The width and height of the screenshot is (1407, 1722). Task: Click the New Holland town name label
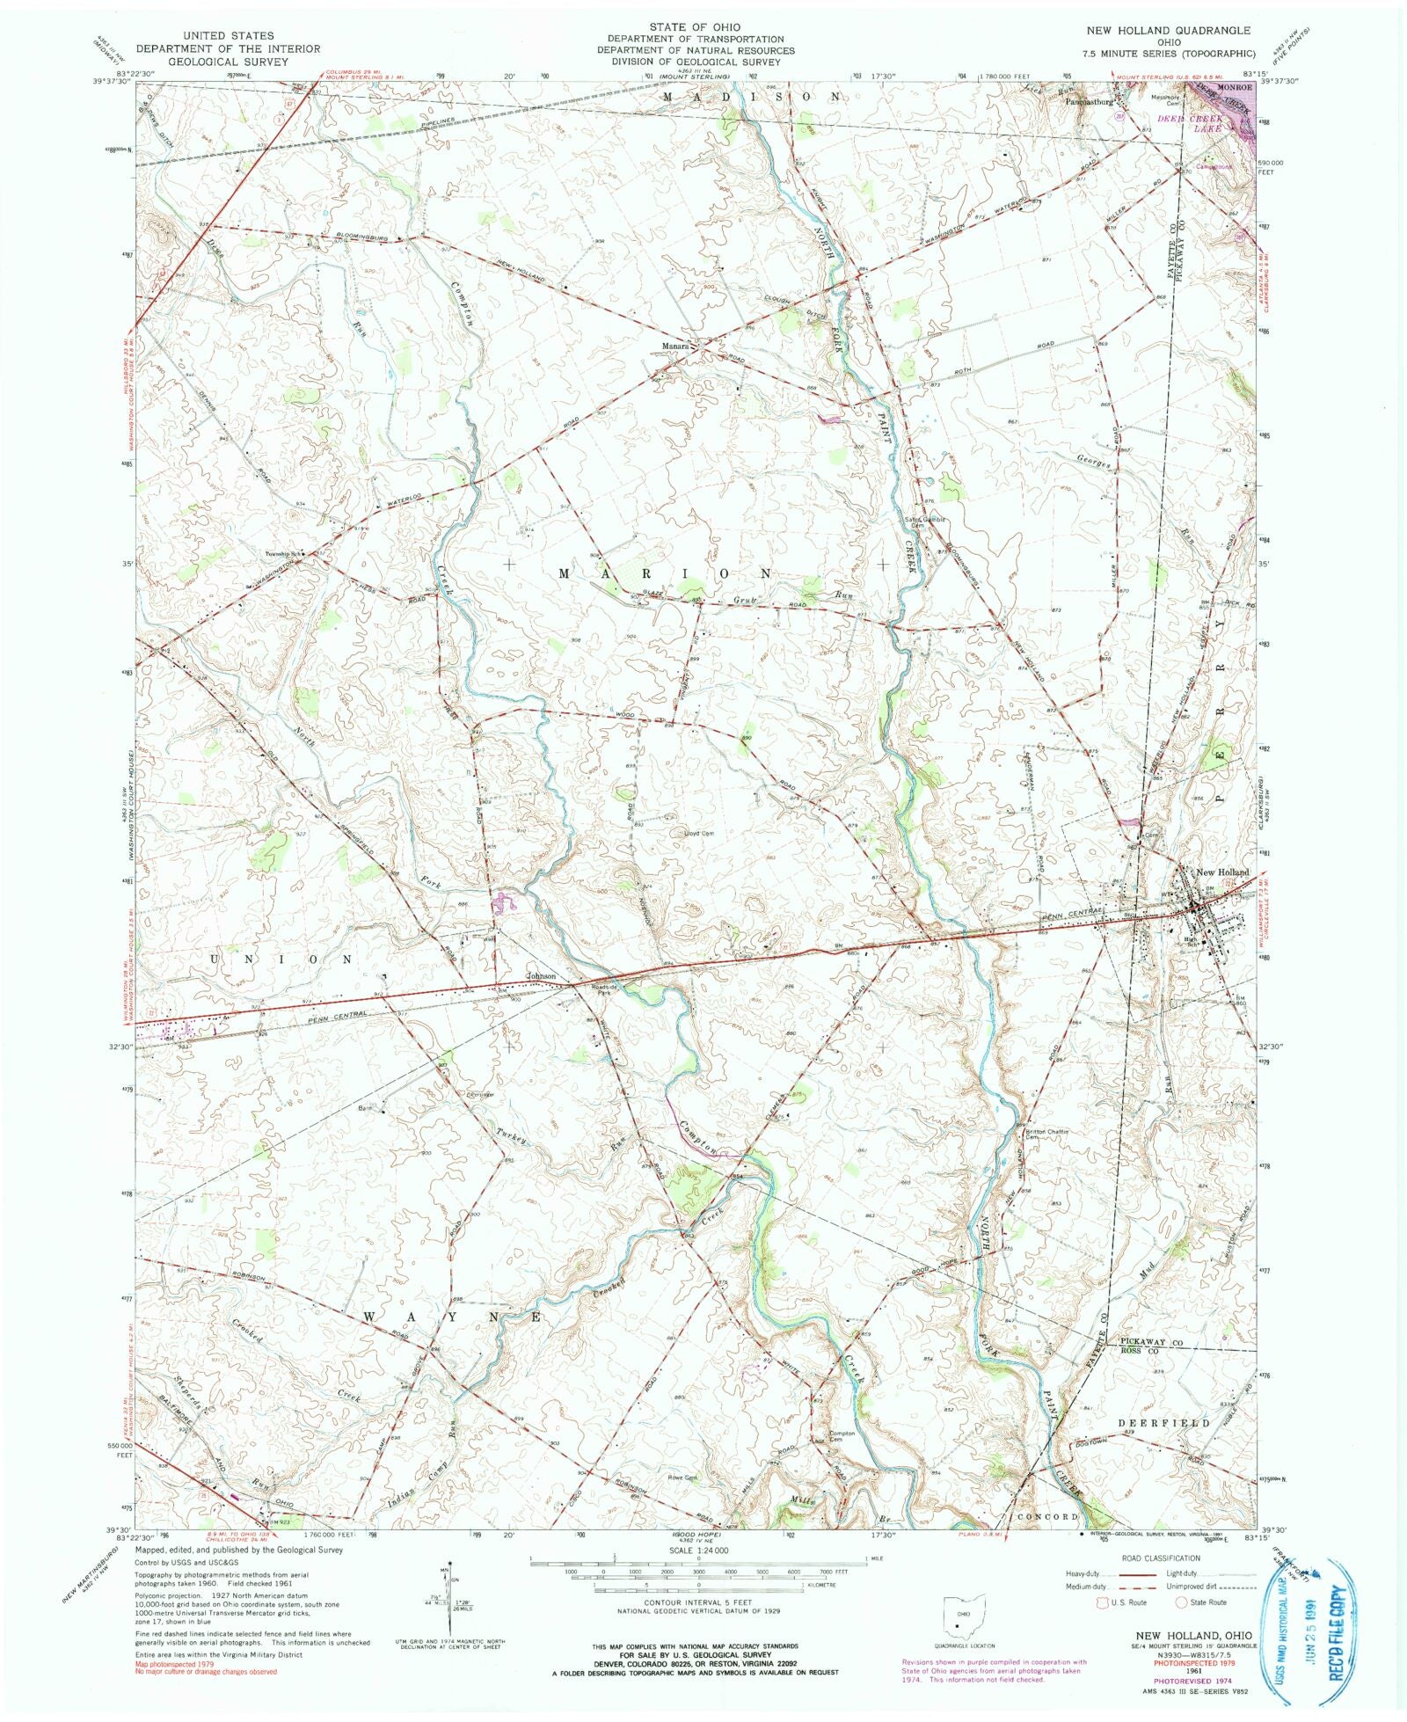(1221, 872)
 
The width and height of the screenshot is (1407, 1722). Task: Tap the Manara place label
(674, 347)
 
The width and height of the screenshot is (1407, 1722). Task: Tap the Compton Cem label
(842, 1434)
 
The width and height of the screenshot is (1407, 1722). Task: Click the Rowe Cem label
(682, 1477)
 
